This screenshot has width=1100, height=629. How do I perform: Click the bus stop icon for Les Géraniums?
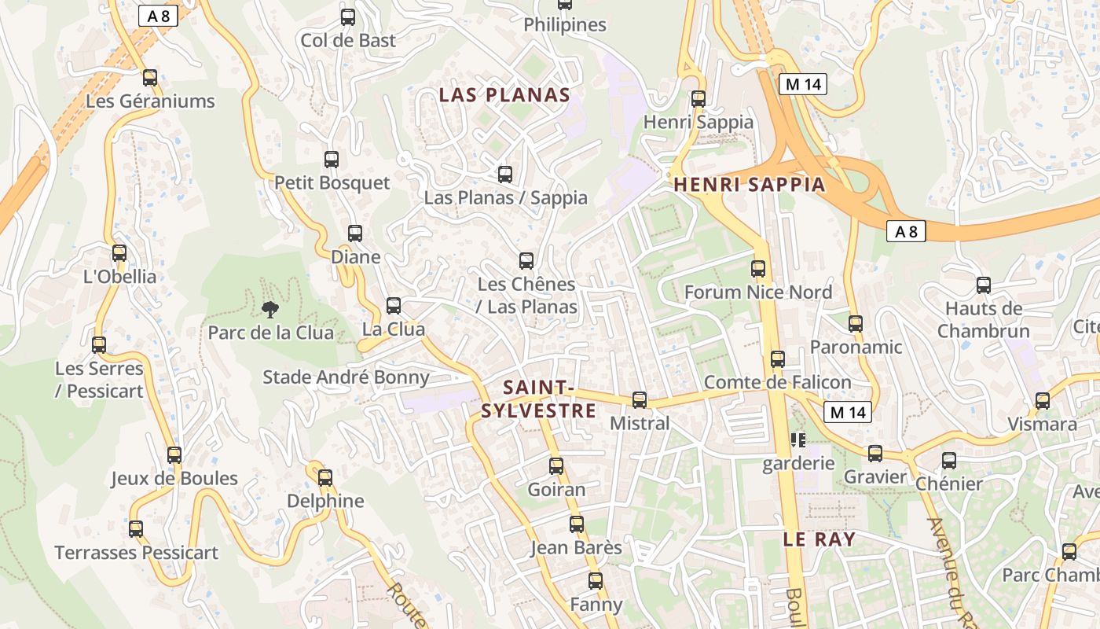(x=150, y=78)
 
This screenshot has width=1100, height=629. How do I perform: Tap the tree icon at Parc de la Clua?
(x=270, y=309)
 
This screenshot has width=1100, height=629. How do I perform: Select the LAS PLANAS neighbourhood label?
(x=504, y=95)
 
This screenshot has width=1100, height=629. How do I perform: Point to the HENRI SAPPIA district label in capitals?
(x=750, y=185)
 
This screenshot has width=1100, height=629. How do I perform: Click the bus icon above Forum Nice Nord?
(x=758, y=269)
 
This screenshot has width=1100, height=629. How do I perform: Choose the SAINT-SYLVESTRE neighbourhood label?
(x=538, y=399)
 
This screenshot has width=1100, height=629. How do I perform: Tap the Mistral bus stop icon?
(x=640, y=400)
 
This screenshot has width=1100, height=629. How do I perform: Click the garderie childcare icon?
(x=798, y=440)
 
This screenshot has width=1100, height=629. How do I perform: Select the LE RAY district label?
(x=819, y=539)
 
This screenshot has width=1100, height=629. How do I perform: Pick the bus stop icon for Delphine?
(x=325, y=478)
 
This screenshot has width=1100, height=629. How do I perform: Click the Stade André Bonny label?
(x=346, y=377)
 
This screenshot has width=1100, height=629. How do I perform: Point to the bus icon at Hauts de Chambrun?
(x=983, y=285)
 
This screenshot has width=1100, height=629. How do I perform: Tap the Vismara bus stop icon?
(x=1043, y=401)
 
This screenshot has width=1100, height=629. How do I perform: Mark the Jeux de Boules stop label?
(x=174, y=478)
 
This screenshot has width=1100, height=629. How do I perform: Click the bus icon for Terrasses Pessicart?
(x=136, y=529)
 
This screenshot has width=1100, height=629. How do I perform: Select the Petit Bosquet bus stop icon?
(x=332, y=160)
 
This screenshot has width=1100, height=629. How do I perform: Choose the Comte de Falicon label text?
(x=777, y=382)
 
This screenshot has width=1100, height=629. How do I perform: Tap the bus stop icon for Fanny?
(x=596, y=582)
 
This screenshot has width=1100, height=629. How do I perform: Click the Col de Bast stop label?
(x=348, y=40)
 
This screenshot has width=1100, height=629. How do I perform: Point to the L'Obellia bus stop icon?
(x=119, y=253)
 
